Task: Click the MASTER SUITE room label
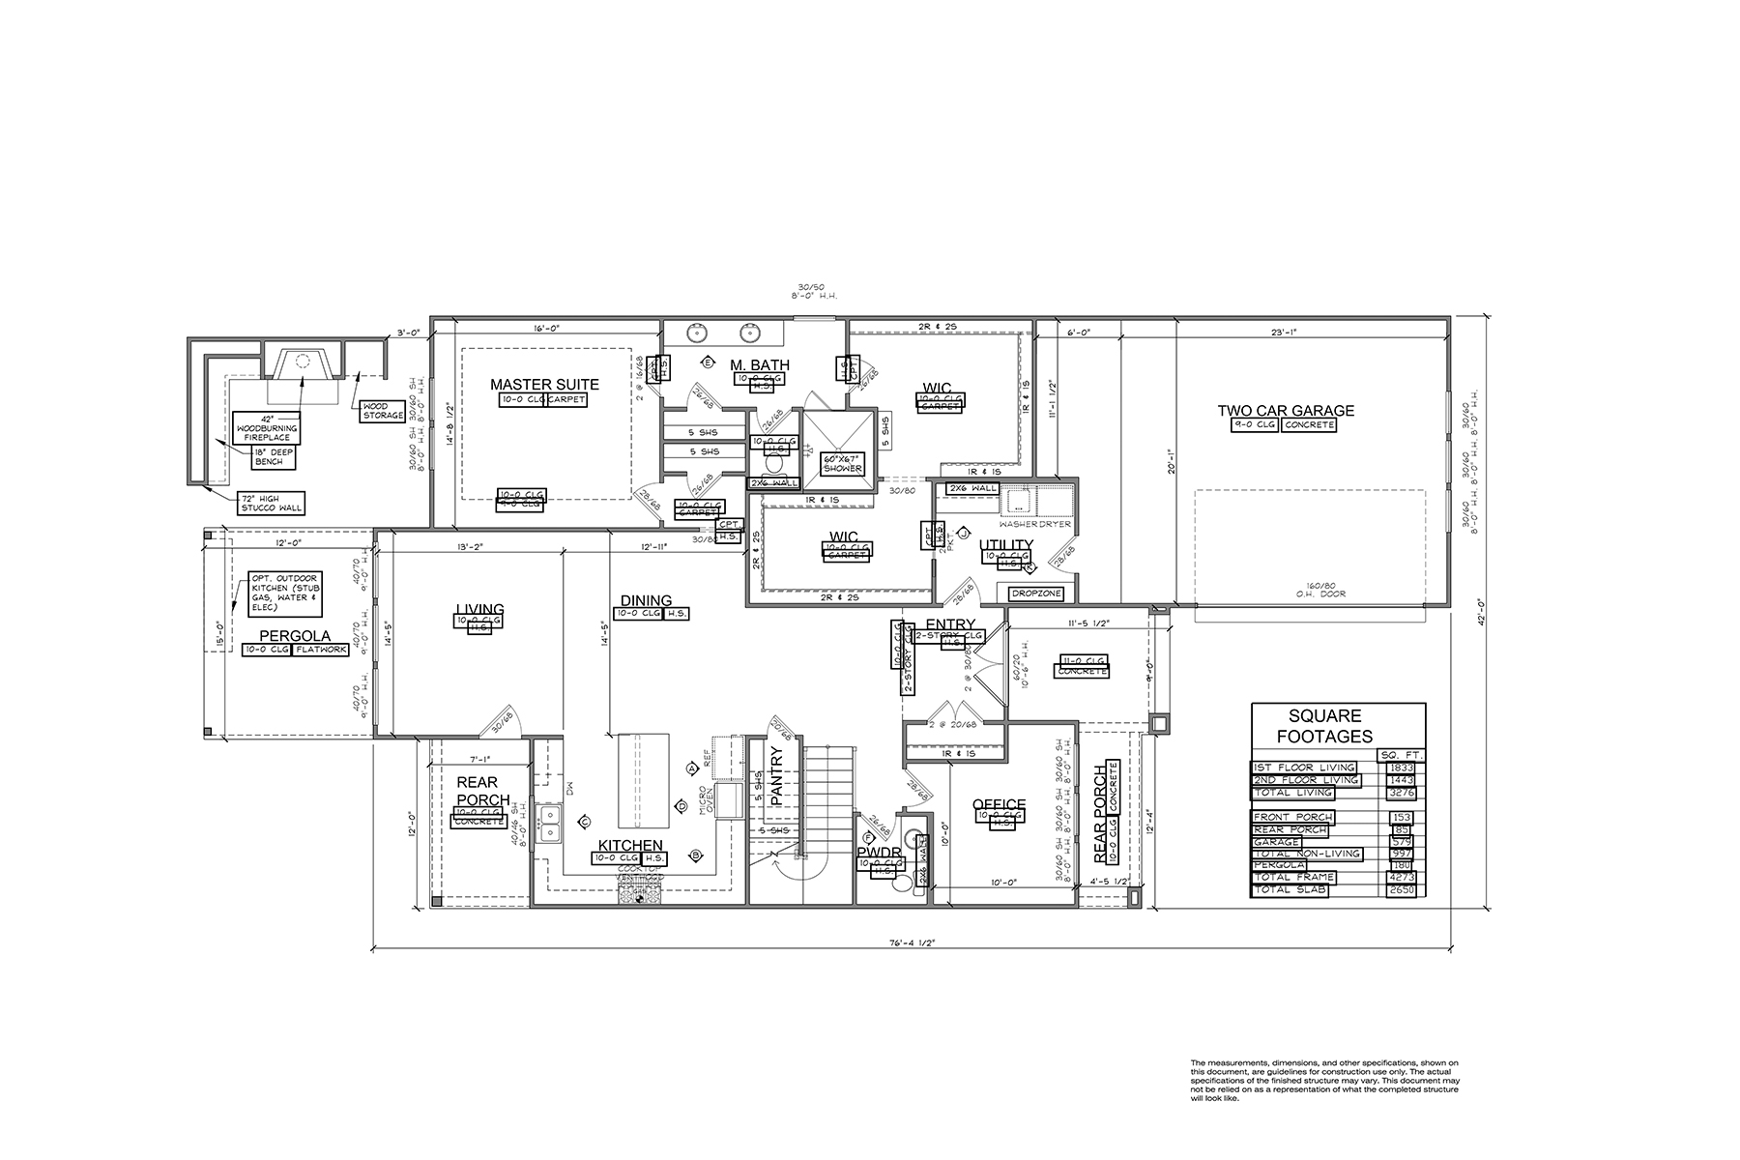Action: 543,384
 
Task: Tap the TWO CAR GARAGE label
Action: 1285,410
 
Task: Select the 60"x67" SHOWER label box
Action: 842,463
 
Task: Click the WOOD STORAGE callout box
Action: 383,410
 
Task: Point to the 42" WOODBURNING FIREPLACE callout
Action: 266,426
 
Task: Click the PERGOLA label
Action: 294,636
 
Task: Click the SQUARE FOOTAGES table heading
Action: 1338,725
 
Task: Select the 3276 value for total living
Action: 1400,793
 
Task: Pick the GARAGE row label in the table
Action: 1276,842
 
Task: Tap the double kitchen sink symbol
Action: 549,824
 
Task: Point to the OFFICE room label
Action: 999,804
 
